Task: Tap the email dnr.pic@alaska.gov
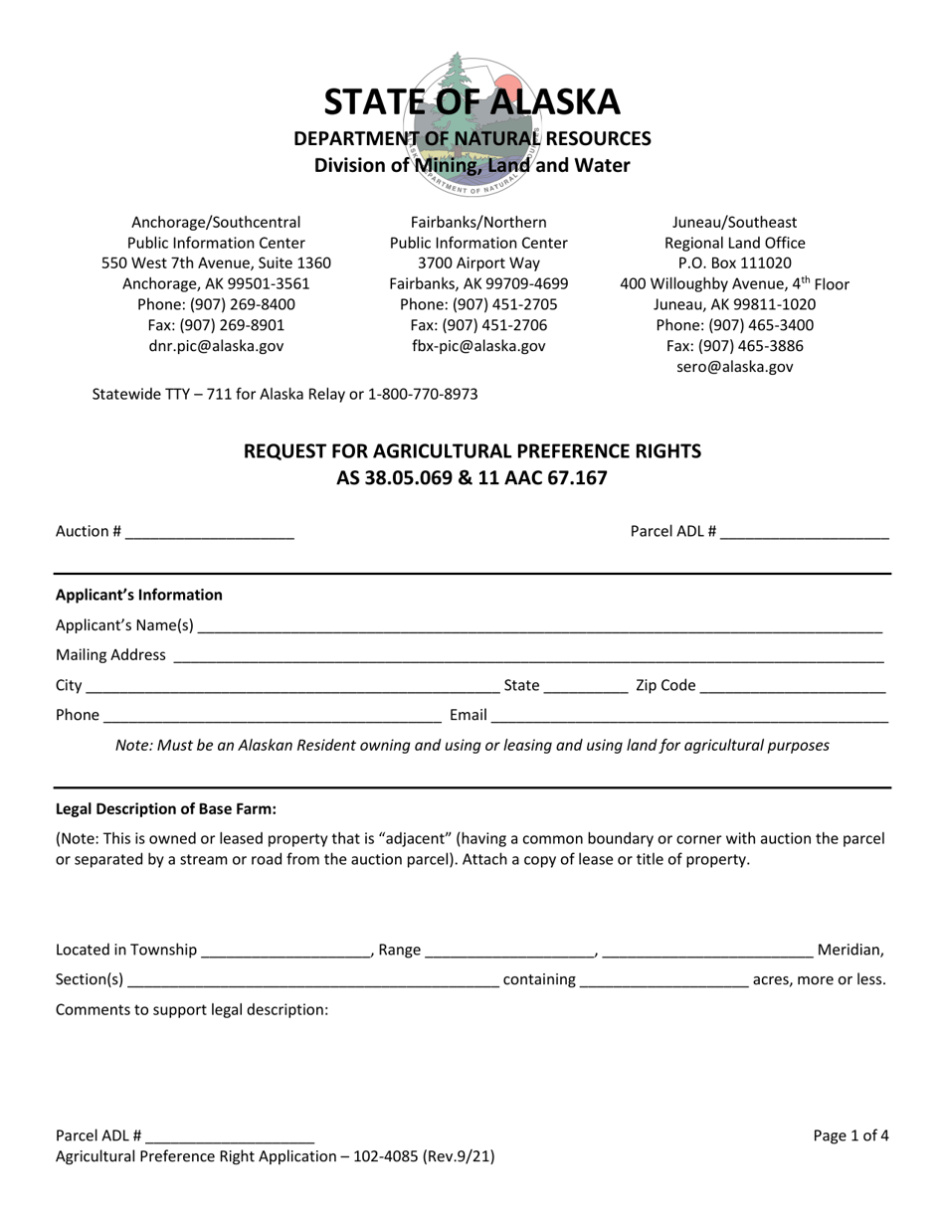[216, 346]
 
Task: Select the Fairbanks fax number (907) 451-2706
[478, 325]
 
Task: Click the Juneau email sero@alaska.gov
[734, 367]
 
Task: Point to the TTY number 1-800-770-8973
[423, 394]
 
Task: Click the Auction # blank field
[210, 532]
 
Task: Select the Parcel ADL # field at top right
[804, 532]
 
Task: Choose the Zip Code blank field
[793, 686]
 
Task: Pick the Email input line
[689, 715]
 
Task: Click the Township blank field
[285, 951]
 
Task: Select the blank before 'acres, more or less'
[663, 980]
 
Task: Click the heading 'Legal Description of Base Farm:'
[166, 809]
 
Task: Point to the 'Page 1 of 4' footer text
[850, 1136]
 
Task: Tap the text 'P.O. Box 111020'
[734, 263]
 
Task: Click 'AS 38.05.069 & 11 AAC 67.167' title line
[472, 478]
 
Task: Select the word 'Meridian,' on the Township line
[850, 951]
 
